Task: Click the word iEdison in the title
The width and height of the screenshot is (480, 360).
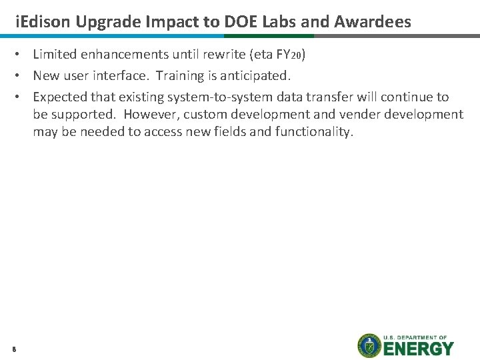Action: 43,21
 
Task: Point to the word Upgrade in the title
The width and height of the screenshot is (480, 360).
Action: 104,21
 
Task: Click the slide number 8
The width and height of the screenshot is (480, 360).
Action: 13,347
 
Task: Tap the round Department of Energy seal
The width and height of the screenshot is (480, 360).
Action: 369,345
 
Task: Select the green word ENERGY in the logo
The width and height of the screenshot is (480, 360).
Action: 419,349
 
